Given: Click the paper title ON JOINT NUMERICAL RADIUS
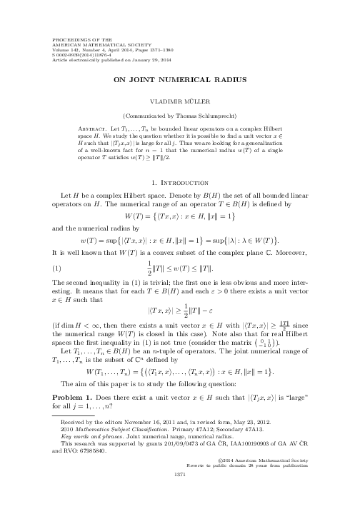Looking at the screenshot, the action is [x=180, y=81].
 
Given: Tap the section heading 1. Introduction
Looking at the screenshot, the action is [x=180, y=163].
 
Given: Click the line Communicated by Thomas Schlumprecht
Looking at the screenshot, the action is [x=180, y=114].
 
